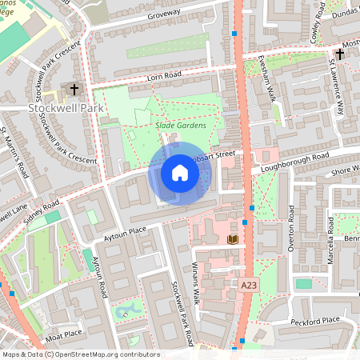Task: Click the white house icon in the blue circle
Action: point(179,173)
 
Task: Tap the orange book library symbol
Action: point(233,238)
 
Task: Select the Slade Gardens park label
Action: point(180,126)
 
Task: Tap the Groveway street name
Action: point(182,13)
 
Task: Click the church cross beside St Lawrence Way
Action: point(340,54)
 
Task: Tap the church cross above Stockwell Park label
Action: point(75,89)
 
